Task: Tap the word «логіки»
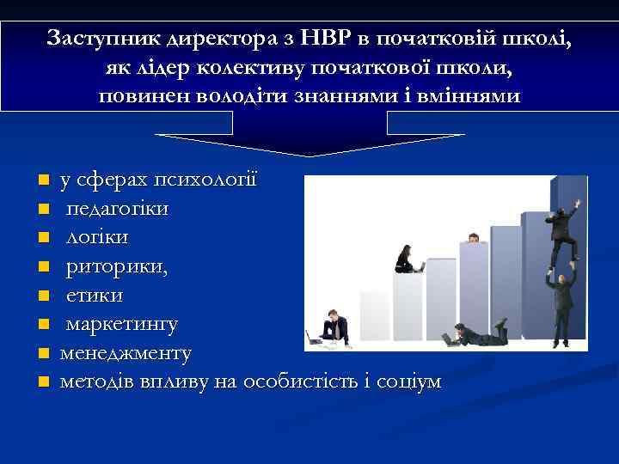[x=97, y=236]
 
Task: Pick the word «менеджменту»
[x=126, y=352]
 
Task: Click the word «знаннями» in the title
[x=375, y=95]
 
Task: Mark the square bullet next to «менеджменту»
[x=41, y=353]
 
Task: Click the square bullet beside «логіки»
[x=41, y=237]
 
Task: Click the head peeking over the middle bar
[x=472, y=237]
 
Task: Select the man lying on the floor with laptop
[x=477, y=334]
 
